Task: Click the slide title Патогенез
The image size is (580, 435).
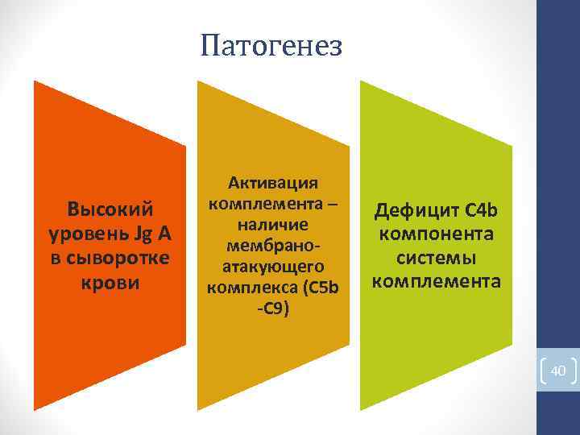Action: [x=271, y=45]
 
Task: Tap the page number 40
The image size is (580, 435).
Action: [x=558, y=371]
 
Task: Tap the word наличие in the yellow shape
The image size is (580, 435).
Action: [x=274, y=223]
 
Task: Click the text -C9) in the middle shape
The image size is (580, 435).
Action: [x=274, y=307]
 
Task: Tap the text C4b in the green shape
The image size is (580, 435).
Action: [x=483, y=210]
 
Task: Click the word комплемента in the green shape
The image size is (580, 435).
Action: [x=436, y=281]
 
